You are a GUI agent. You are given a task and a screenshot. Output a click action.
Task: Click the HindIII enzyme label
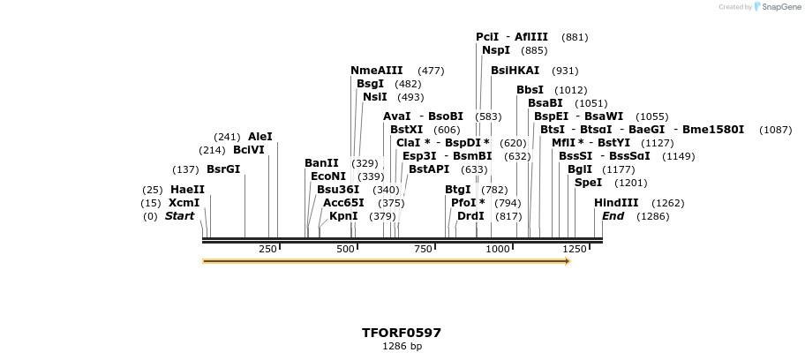(616, 203)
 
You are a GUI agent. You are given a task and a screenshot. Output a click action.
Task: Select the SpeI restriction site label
(588, 183)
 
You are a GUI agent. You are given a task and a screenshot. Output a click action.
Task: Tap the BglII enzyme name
(580, 169)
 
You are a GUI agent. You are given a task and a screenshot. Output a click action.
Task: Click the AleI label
(260, 137)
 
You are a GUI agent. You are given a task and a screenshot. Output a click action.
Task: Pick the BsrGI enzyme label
(223, 169)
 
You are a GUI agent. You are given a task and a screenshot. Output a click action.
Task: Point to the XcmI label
(184, 203)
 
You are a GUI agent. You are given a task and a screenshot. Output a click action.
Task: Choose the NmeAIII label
(376, 71)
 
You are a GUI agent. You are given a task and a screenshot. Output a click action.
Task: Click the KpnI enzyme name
(343, 216)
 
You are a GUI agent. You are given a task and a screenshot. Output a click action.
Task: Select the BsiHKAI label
(515, 71)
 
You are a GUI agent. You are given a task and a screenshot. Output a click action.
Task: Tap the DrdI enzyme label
(470, 216)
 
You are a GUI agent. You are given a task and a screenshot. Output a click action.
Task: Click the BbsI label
(530, 90)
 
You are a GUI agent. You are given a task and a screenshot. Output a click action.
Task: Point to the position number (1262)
(668, 203)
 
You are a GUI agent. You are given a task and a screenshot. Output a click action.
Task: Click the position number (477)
(431, 71)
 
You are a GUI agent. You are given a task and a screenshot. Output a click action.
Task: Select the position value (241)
(227, 137)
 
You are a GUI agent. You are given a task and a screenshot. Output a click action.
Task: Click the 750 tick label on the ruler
(423, 250)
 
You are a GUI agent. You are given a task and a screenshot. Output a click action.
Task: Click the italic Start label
(179, 216)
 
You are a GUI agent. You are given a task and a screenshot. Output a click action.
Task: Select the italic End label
(613, 216)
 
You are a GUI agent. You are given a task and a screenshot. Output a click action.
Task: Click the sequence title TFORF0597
(402, 333)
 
